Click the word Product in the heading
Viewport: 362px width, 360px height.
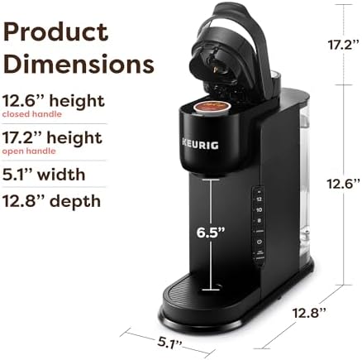coord(56,32)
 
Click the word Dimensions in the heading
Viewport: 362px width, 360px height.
coord(79,64)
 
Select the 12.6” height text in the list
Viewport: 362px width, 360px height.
coord(54,101)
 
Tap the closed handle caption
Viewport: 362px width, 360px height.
coord(32,114)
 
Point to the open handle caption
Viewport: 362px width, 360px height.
coord(29,151)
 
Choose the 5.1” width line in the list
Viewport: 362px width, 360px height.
coord(44,175)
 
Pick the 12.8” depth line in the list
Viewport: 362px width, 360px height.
coord(51,201)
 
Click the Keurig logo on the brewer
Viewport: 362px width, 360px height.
coord(200,145)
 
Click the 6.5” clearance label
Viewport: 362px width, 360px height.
coord(211,233)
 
